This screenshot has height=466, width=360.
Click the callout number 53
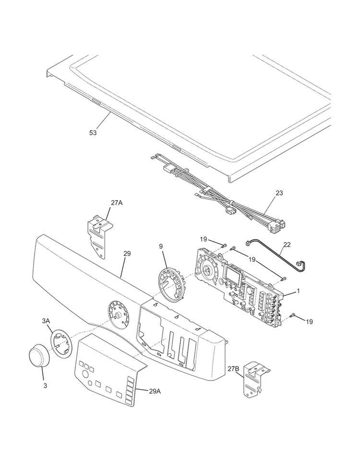[x=93, y=133]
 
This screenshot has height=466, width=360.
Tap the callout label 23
[x=279, y=193]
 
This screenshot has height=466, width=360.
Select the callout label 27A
[x=117, y=203]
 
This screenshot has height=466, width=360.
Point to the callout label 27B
[x=233, y=369]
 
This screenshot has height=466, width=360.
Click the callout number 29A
[x=155, y=391]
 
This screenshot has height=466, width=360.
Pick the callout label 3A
[x=46, y=321]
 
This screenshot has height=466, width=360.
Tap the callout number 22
[x=287, y=245]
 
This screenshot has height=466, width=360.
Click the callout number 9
[x=161, y=246]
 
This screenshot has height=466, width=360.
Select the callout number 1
[x=298, y=291]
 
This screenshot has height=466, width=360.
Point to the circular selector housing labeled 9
[x=171, y=282]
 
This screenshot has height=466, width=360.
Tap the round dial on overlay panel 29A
[x=85, y=374]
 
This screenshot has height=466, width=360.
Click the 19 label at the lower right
[x=309, y=322]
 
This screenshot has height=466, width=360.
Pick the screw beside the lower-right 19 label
[x=293, y=315]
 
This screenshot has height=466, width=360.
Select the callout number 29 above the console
[x=127, y=254]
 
